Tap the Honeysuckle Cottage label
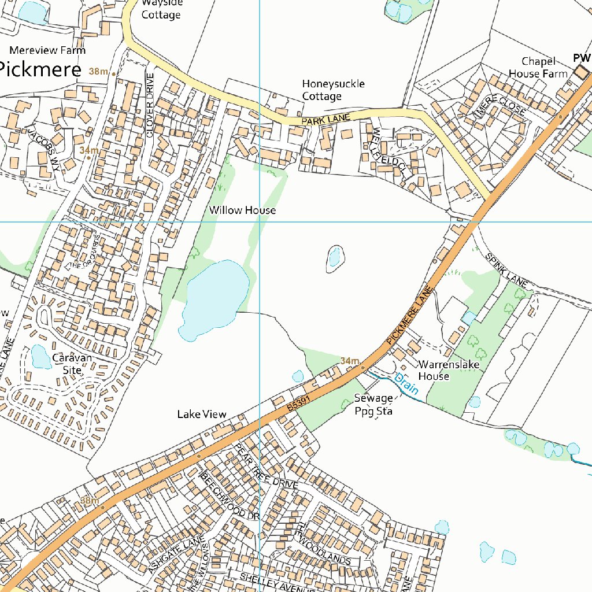(x=333, y=90)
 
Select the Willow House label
(x=242, y=210)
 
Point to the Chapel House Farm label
(x=538, y=68)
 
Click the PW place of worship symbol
(x=580, y=72)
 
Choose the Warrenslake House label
(x=441, y=371)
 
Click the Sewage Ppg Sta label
(x=373, y=405)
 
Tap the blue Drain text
(x=406, y=384)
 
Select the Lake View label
(x=202, y=415)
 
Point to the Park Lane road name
(x=326, y=120)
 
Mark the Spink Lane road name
(x=506, y=271)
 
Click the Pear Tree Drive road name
(x=267, y=467)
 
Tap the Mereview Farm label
(x=47, y=50)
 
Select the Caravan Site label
(x=72, y=364)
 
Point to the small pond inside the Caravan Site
(x=40, y=357)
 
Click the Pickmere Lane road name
(x=410, y=315)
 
